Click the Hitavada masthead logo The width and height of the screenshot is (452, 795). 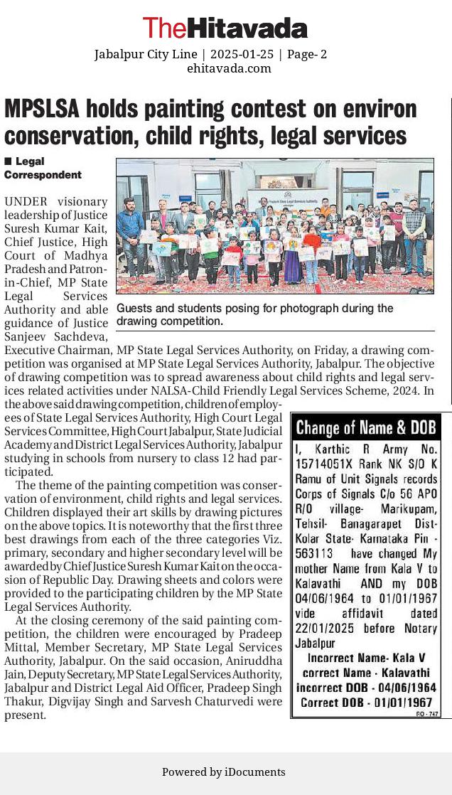(x=225, y=28)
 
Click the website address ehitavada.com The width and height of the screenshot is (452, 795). (x=229, y=68)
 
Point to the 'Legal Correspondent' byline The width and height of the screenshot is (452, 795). (x=43, y=168)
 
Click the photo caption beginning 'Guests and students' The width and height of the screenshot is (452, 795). (x=254, y=314)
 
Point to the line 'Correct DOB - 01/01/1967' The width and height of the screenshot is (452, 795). (x=367, y=702)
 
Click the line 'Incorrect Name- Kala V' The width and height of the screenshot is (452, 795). (x=362, y=659)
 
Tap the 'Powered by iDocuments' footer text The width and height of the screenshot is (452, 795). (x=224, y=772)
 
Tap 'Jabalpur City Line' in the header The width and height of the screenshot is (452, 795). (x=146, y=54)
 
